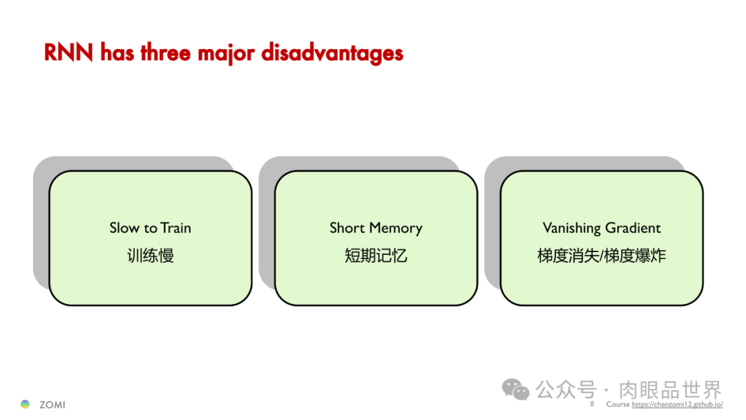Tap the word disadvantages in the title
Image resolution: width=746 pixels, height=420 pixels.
click(332, 52)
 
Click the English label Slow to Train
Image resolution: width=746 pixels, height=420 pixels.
click(150, 228)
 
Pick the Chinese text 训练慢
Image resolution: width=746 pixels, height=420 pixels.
click(150, 256)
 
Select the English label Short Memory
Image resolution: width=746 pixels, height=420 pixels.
click(376, 228)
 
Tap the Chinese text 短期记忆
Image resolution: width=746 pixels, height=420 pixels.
click(376, 256)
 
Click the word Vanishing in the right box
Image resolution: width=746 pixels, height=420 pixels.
click(571, 228)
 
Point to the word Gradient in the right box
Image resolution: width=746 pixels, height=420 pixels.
click(633, 228)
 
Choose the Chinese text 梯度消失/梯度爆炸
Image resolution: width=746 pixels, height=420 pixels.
click(602, 256)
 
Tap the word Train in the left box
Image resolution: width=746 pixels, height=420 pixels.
click(175, 228)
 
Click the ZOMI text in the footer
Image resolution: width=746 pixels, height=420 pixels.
click(52, 405)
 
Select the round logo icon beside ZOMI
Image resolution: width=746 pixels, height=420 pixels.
click(26, 404)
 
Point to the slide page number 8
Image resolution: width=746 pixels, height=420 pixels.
click(592, 404)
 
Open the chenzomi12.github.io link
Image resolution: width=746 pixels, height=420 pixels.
click(677, 405)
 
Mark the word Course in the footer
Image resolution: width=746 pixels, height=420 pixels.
click(618, 405)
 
